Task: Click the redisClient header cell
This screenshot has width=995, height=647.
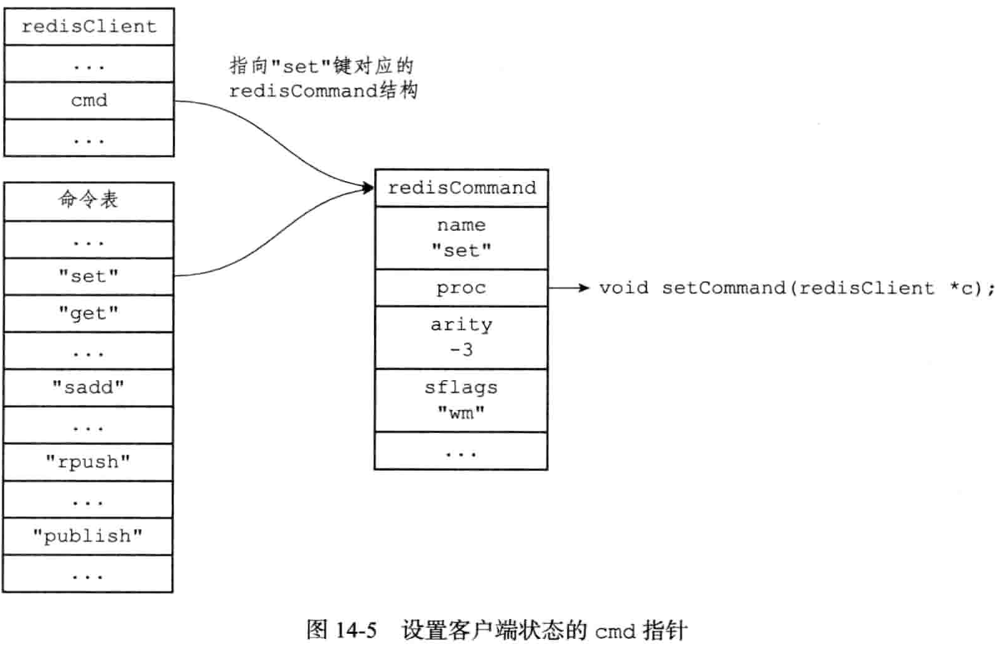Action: pyautogui.click(x=89, y=26)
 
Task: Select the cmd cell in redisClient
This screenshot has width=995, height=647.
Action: pyautogui.click(x=89, y=100)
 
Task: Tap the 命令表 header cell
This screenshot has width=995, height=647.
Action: pyautogui.click(x=88, y=200)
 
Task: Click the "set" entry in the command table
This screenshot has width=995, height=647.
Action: pyautogui.click(x=88, y=276)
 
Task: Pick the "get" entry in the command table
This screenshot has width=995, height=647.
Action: pyautogui.click(x=88, y=313)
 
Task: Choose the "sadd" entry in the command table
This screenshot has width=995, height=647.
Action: pyautogui.click(x=88, y=388)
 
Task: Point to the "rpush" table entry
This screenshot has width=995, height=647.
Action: pyautogui.click(x=88, y=462)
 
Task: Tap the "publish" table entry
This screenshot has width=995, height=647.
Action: pyautogui.click(x=88, y=536)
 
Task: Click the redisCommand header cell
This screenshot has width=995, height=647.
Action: pyautogui.click(x=461, y=188)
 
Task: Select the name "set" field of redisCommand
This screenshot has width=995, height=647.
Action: pyautogui.click(x=461, y=238)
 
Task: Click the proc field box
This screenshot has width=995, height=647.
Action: pyautogui.click(x=461, y=287)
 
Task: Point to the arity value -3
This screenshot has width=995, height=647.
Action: pyautogui.click(x=461, y=350)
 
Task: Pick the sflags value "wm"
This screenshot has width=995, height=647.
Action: pyautogui.click(x=461, y=412)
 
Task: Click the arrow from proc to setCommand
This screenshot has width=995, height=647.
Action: pyautogui.click(x=568, y=287)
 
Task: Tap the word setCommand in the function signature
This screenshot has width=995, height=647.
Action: pyautogui.click(x=724, y=287)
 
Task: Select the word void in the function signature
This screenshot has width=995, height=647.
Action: pyautogui.click(x=624, y=287)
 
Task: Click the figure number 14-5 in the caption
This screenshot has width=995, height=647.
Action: pyautogui.click(x=356, y=630)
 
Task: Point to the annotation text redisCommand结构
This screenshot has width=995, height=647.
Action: pyautogui.click(x=323, y=91)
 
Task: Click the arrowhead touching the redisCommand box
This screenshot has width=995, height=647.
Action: pyautogui.click(x=367, y=187)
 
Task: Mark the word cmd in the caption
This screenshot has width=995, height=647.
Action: pyautogui.click(x=615, y=631)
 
